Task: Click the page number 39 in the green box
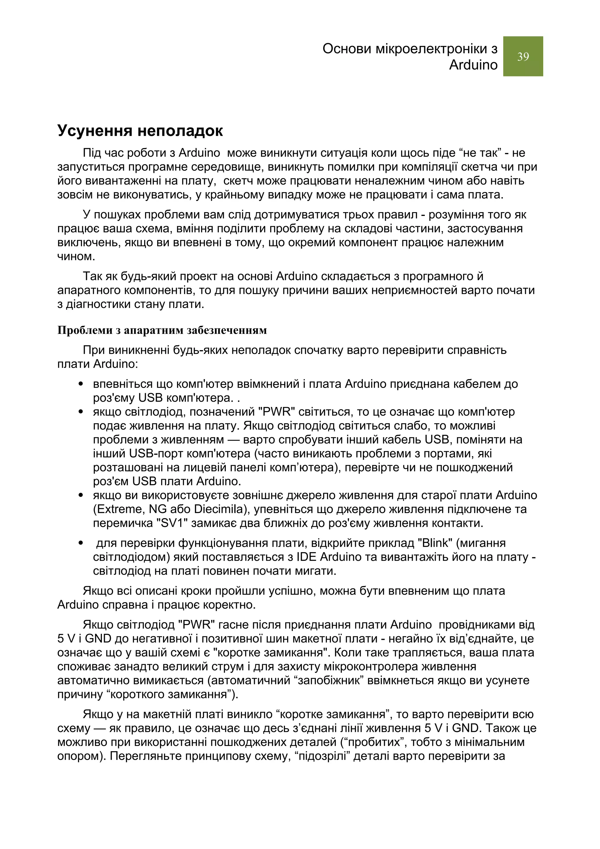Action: pos(523,57)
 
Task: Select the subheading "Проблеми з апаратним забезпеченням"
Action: pos(162,330)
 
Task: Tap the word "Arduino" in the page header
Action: pos(473,65)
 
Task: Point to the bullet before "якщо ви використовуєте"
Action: pos(81,495)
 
